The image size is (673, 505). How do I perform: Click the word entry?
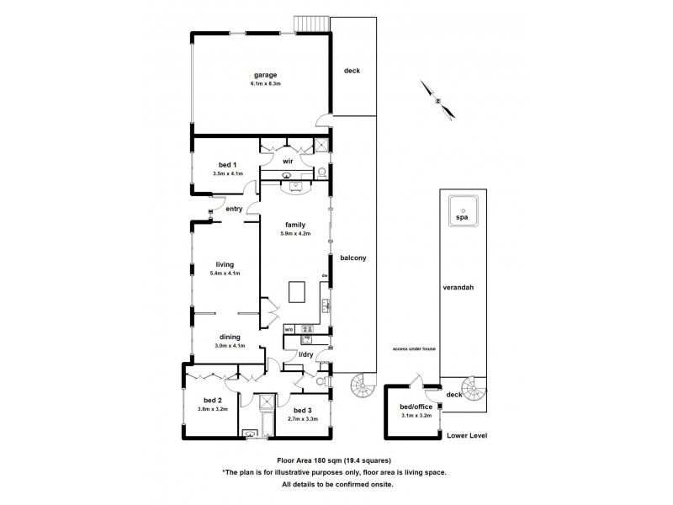click(233, 209)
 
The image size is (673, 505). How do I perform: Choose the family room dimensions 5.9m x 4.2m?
click(296, 233)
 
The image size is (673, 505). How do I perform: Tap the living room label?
click(224, 264)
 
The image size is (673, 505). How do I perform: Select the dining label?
click(231, 337)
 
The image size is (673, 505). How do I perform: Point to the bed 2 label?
click(213, 401)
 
